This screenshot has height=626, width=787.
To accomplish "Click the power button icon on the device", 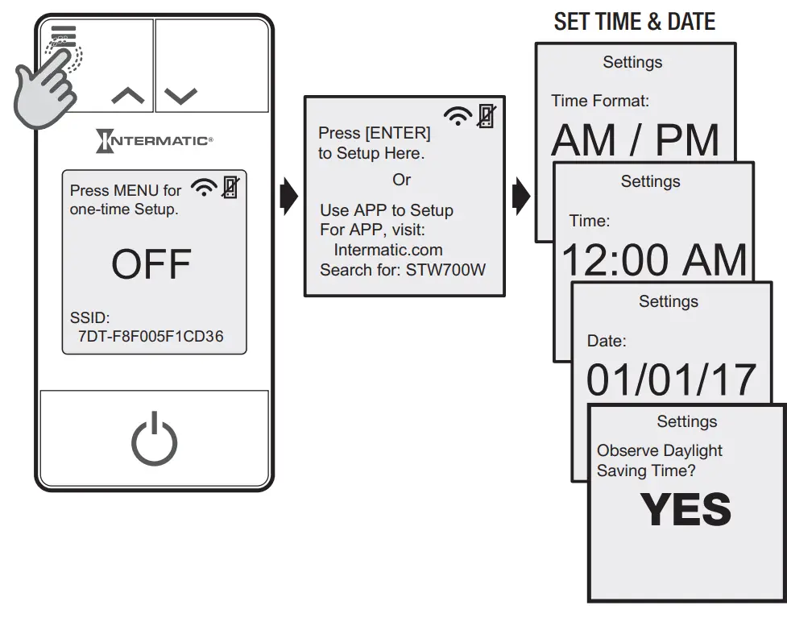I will (154, 439).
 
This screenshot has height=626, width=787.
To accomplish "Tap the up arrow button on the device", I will (128, 97).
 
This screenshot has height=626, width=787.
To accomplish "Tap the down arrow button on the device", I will (180, 97).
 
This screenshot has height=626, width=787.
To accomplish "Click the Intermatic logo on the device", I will (154, 141).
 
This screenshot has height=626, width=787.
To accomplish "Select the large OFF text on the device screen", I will (151, 264).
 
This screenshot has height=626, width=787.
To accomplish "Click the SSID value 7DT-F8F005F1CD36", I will (151, 337).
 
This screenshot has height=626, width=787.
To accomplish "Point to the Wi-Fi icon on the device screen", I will (204, 189).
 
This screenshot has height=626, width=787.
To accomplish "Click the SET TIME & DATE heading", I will (634, 22).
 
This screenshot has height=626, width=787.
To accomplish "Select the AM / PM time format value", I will (635, 141).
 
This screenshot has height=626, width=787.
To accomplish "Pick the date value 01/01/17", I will (671, 380).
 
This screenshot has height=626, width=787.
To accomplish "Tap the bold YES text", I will (686, 509).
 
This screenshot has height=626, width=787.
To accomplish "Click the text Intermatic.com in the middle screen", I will (388, 250).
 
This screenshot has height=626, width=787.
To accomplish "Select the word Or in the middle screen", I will (401, 180).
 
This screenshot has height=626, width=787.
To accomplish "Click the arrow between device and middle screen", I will (288, 197).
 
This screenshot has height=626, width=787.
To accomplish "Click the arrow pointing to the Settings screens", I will (521, 197).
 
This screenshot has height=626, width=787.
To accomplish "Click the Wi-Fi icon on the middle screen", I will (458, 117).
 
